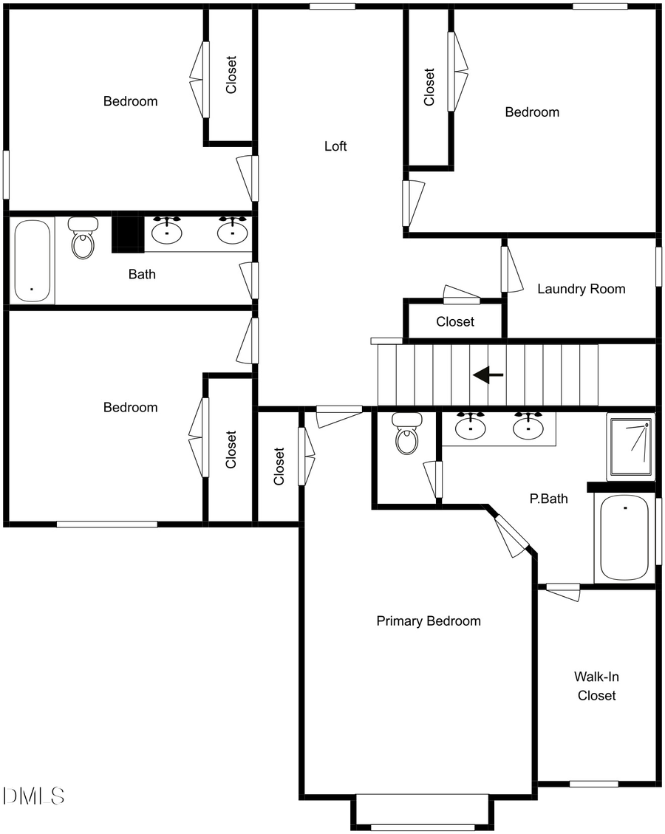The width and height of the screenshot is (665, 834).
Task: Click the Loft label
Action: coord(335,146)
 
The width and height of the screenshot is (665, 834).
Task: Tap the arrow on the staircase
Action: coord(488,375)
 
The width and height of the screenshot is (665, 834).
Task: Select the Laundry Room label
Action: coord(581,289)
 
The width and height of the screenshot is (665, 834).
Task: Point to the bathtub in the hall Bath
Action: coord(33,261)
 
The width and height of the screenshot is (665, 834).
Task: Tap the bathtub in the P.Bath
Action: coord(624,537)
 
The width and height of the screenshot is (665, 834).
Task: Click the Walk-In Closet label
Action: coord(596,686)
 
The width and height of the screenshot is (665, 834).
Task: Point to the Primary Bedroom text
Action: coord(429,621)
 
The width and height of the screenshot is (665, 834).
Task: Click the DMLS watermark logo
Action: coord(34,796)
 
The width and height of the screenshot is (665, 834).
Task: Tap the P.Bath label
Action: coord(549,499)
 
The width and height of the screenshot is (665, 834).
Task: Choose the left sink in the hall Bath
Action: coord(168,232)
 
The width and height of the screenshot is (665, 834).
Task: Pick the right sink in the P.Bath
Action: coord(528,426)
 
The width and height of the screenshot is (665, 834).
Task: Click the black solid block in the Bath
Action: coord(126,233)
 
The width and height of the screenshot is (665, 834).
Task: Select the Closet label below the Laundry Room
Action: coord(455,321)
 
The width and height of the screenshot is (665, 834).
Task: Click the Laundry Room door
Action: coord(508,270)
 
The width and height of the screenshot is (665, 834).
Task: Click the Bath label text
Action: coord(142,274)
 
